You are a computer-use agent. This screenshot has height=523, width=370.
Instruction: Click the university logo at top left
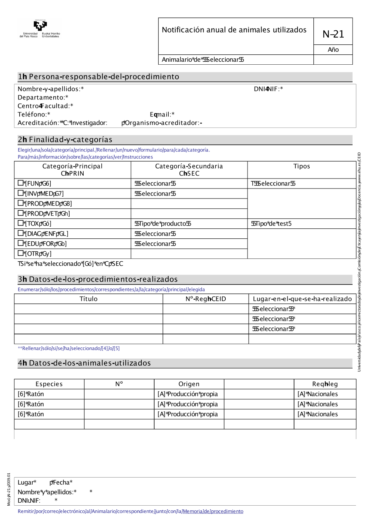[x=40, y=29]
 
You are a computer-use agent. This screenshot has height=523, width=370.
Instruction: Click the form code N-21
[x=333, y=34]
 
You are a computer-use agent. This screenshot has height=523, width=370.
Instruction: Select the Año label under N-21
[x=333, y=50]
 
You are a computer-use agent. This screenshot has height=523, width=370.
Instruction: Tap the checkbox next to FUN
[x=21, y=183]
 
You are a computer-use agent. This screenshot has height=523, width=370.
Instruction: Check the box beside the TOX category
[x=21, y=223]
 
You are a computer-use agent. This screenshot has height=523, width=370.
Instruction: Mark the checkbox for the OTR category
[x=21, y=253]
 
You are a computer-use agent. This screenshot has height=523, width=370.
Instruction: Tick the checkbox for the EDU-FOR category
[x=21, y=243]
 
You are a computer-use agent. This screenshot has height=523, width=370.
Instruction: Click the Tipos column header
[x=302, y=166]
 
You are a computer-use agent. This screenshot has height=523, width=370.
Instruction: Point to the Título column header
[x=88, y=299]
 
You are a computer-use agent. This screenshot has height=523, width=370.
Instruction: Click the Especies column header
[x=49, y=384]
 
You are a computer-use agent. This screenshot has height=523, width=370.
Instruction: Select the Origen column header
[x=189, y=384]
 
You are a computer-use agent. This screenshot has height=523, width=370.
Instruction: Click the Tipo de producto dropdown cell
[x=163, y=224]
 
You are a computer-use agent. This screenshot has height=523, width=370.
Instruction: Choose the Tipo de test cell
[x=271, y=224]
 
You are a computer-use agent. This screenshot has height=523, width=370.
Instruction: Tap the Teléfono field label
[x=34, y=115]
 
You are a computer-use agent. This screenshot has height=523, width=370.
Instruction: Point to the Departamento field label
[x=43, y=98]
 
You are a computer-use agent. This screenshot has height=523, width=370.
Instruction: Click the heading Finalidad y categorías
[x=70, y=140]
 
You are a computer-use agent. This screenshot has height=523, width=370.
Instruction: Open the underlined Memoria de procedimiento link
[x=213, y=512]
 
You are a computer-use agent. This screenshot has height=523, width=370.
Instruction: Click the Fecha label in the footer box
[x=61, y=482]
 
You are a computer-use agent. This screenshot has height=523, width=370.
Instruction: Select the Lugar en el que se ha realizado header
[x=302, y=299]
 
